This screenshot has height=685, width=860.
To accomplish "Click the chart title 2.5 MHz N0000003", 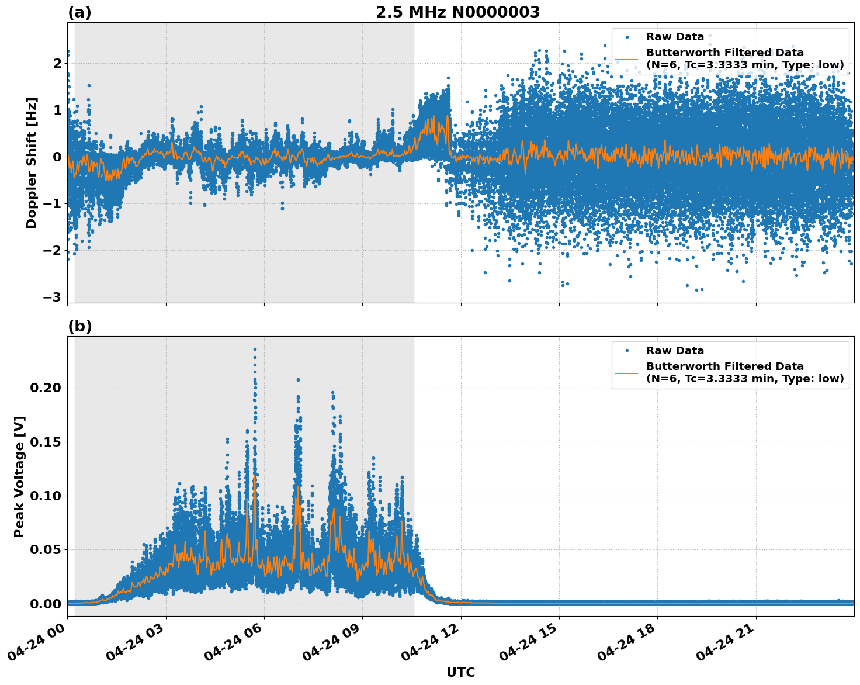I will coord(457,12).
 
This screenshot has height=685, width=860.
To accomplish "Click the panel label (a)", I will coord(79,12).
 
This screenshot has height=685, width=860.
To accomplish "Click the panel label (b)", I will coord(79,326).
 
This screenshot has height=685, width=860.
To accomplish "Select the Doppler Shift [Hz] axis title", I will coord(32,162).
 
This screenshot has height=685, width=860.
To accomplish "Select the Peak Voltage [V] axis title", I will coord(19,476).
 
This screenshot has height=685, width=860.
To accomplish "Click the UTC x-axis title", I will coord(460,672).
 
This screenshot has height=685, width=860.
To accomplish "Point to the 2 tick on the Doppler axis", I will coord(57,63).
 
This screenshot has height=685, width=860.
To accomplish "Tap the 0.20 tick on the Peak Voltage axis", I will coord(47,388).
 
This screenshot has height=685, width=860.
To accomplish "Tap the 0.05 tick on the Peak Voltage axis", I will coord(47,550).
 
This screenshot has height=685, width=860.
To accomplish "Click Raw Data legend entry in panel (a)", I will coord(675,37).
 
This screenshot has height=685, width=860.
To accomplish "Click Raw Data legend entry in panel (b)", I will coord(675,351).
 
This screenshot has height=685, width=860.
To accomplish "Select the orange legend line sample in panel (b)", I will coord(627,372).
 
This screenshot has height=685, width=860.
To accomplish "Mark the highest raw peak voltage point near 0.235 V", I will coord(255,349).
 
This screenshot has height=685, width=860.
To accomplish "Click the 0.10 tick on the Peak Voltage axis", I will coord(47,496).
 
